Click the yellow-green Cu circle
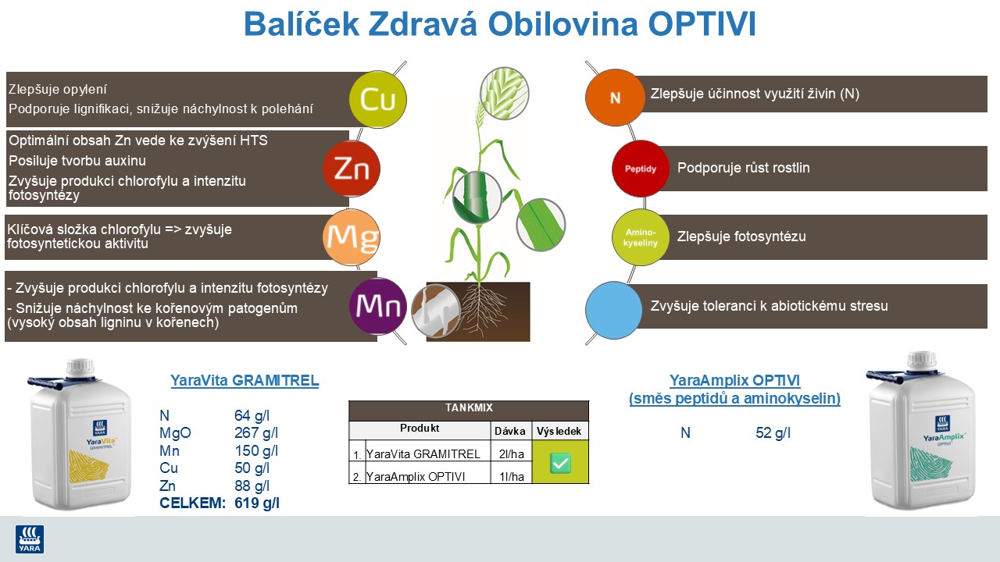(x=378, y=99)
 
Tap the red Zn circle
(x=352, y=169)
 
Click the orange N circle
(x=615, y=98)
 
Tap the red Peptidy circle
(x=640, y=169)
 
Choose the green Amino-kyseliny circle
(x=640, y=237)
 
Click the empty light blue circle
(x=615, y=306)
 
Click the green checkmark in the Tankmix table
(x=560, y=463)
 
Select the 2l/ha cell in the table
(x=511, y=454)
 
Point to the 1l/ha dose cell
(x=511, y=476)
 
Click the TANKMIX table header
(x=468, y=408)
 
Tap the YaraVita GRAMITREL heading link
(x=245, y=381)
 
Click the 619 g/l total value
(x=257, y=503)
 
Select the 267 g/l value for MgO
(x=257, y=433)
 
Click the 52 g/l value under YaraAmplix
(x=773, y=432)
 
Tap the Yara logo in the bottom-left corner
(x=30, y=539)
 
